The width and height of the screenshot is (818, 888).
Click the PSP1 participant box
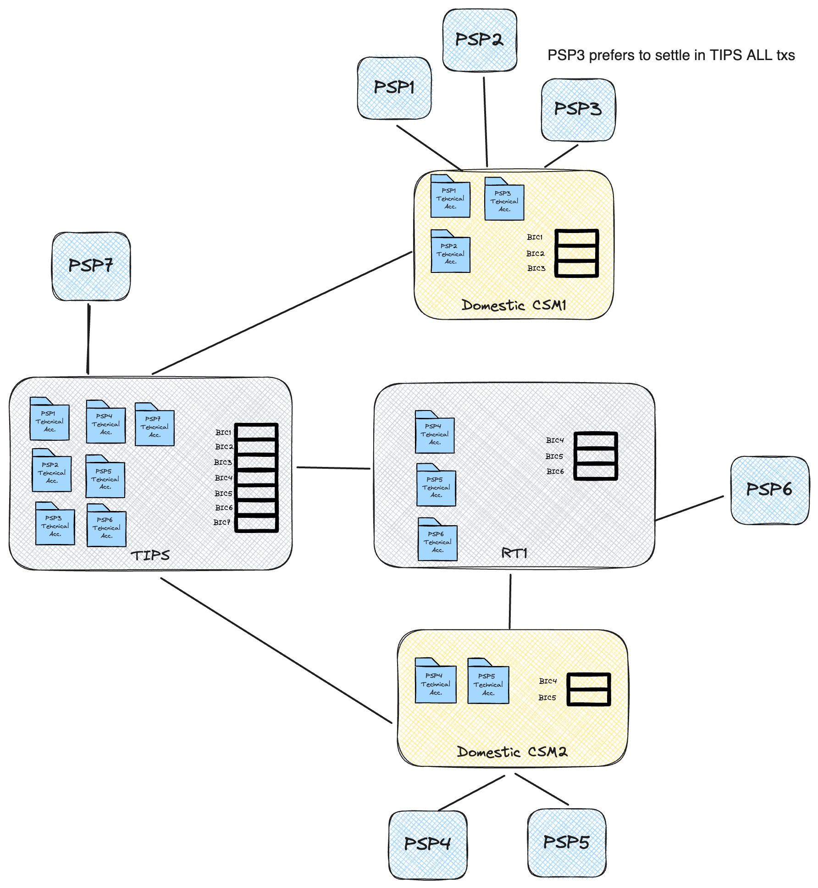(x=394, y=88)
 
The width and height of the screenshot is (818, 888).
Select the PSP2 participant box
(x=480, y=40)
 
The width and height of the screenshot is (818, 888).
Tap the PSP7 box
(x=91, y=266)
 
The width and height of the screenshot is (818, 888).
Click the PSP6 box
(x=769, y=490)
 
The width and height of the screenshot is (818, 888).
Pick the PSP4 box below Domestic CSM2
(x=427, y=844)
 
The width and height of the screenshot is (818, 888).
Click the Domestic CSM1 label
(x=514, y=305)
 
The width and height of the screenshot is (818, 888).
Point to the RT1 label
(x=514, y=553)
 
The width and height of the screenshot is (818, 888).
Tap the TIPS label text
(x=150, y=556)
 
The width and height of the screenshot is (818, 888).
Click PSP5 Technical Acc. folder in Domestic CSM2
(x=488, y=683)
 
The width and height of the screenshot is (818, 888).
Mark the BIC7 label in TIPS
(x=222, y=522)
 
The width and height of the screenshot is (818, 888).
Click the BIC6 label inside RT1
(x=555, y=472)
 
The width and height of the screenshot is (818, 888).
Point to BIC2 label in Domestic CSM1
(x=535, y=254)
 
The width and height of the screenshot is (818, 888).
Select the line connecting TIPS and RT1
(x=333, y=468)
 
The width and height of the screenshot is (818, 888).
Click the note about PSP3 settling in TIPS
(x=671, y=55)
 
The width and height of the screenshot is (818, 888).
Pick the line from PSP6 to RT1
(x=689, y=508)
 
